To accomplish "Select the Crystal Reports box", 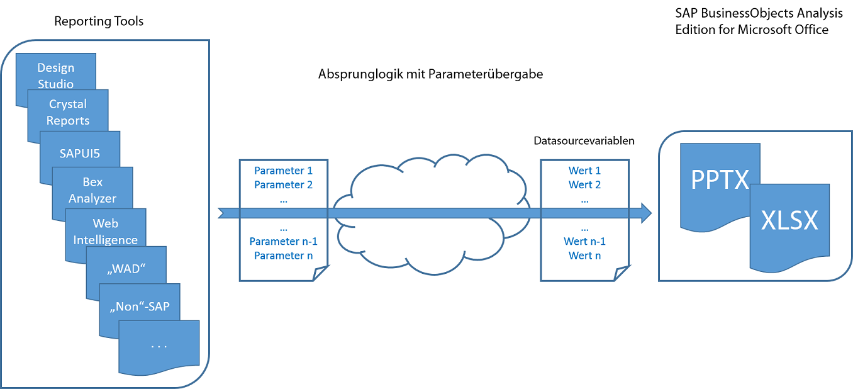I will (x=68, y=112).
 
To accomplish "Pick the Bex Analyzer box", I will (x=92, y=189).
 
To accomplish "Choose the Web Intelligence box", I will (x=106, y=231).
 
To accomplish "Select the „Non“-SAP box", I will (x=140, y=308).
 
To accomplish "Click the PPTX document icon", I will (x=720, y=181).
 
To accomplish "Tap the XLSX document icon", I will (x=789, y=222).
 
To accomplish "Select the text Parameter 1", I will (x=283, y=171).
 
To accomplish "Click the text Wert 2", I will (x=584, y=184).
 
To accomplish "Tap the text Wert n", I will (x=584, y=256).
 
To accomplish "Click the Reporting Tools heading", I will (x=99, y=21).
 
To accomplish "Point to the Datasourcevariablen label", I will (x=584, y=141).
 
